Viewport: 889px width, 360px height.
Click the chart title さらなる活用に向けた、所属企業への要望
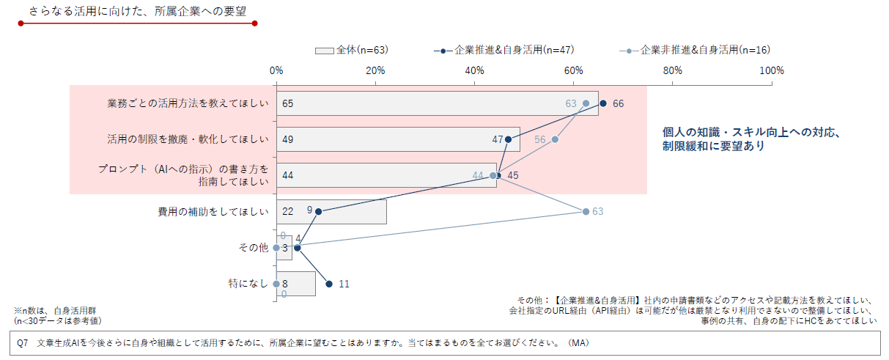coord(137,12)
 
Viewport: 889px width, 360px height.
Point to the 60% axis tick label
coord(574,70)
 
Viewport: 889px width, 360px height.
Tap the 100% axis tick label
coord(772,70)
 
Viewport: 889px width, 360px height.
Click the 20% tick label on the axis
coord(375,70)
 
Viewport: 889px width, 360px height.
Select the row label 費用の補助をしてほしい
coord(213,211)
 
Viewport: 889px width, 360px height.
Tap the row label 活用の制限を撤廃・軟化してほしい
coord(188,139)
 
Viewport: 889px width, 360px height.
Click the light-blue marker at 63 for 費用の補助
coord(586,211)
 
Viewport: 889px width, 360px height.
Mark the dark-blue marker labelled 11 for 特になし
coord(329,284)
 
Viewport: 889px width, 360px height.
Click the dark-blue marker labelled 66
coord(603,103)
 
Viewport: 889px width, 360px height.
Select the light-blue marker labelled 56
coord(555,139)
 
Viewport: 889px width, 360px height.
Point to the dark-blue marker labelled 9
coord(318,211)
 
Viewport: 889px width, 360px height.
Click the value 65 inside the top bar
coord(287,103)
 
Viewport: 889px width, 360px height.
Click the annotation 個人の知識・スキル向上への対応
coord(750,133)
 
